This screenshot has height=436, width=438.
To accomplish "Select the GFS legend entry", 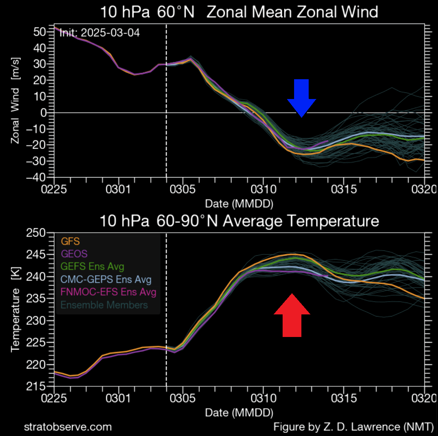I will (x=70, y=241).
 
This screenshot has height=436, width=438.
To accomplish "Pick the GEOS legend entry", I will (x=74, y=254).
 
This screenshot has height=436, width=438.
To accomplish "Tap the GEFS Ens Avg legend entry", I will (x=92, y=266).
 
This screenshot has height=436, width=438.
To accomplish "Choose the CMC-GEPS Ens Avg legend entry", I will (x=106, y=279).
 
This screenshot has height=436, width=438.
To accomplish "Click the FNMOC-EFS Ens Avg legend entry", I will (x=108, y=292).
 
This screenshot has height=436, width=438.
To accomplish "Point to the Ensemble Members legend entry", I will (x=104, y=305).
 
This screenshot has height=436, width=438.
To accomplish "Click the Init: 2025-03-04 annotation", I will (x=99, y=33).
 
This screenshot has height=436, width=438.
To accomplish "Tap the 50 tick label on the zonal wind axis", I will (x=40, y=32).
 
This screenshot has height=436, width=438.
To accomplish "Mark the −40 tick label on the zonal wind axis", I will (x=36, y=177).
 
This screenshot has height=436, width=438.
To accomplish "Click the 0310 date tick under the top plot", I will (x=263, y=189).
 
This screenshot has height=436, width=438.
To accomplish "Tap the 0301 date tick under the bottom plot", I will (x=118, y=398).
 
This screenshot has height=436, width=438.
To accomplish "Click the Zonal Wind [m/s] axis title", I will (x=15, y=101).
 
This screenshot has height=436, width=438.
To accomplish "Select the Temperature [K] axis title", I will (x=15, y=309).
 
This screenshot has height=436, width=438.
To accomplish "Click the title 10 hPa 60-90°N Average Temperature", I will (x=239, y=221).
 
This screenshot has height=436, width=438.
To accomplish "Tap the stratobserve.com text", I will (x=68, y=427).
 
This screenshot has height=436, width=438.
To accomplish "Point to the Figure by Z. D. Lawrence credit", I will (x=353, y=427).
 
